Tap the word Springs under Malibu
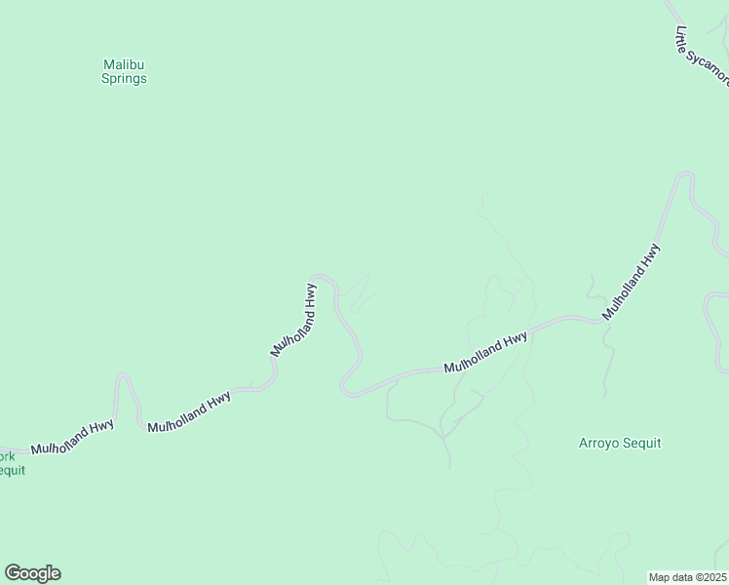(x=124, y=79)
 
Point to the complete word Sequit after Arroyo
(x=642, y=443)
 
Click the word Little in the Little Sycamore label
(x=682, y=39)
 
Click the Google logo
(x=32, y=573)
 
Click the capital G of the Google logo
(x=13, y=572)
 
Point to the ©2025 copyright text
(x=709, y=576)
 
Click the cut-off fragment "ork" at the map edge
(x=7, y=456)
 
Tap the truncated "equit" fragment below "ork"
(x=12, y=470)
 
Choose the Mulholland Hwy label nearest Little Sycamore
(x=632, y=282)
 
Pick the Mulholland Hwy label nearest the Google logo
(x=72, y=436)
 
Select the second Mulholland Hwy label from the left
(x=189, y=412)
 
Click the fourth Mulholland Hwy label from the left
(x=485, y=353)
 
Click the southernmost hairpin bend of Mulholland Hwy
(x=348, y=391)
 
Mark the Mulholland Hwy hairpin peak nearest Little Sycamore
(x=685, y=175)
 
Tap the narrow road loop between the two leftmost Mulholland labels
(x=124, y=377)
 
